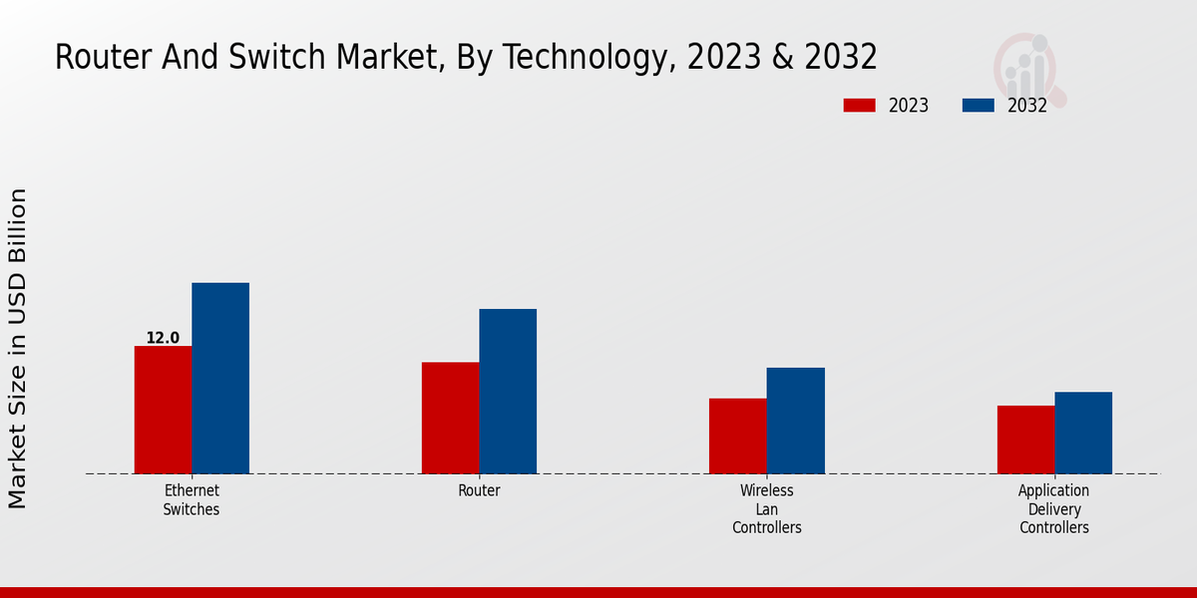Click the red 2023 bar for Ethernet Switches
tap(163, 410)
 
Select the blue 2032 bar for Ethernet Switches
tap(220, 378)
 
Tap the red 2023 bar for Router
tap(450, 418)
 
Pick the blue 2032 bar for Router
tap(508, 391)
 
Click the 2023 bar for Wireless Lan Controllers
tap(738, 436)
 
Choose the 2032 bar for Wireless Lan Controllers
tap(796, 421)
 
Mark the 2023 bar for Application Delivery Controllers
tap(1025, 440)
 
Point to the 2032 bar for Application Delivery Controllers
tap(1083, 433)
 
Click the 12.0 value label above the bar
tap(163, 338)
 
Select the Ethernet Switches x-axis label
tap(192, 500)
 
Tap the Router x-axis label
tap(479, 490)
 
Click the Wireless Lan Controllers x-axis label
tap(767, 508)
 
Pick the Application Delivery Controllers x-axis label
tap(1054, 508)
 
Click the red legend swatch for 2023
tap(859, 105)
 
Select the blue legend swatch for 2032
tap(978, 105)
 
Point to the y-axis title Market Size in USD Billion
tap(18, 348)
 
